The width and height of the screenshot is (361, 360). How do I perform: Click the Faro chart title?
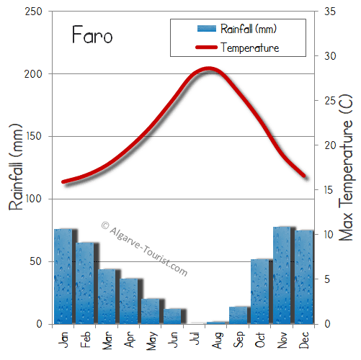[92, 35]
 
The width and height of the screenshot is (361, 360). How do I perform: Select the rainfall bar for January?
[63, 276]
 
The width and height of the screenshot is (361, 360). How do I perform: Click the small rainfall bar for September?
[239, 315]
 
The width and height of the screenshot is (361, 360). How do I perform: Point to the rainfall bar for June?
[173, 316]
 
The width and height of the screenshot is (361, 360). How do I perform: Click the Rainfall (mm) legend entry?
[237, 29]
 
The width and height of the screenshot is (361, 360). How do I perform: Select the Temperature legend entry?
[237, 48]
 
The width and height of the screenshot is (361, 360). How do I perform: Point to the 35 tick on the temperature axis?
[330, 12]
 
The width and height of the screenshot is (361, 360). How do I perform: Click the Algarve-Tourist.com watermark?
[144, 248]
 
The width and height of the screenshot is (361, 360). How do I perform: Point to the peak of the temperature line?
[208, 69]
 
